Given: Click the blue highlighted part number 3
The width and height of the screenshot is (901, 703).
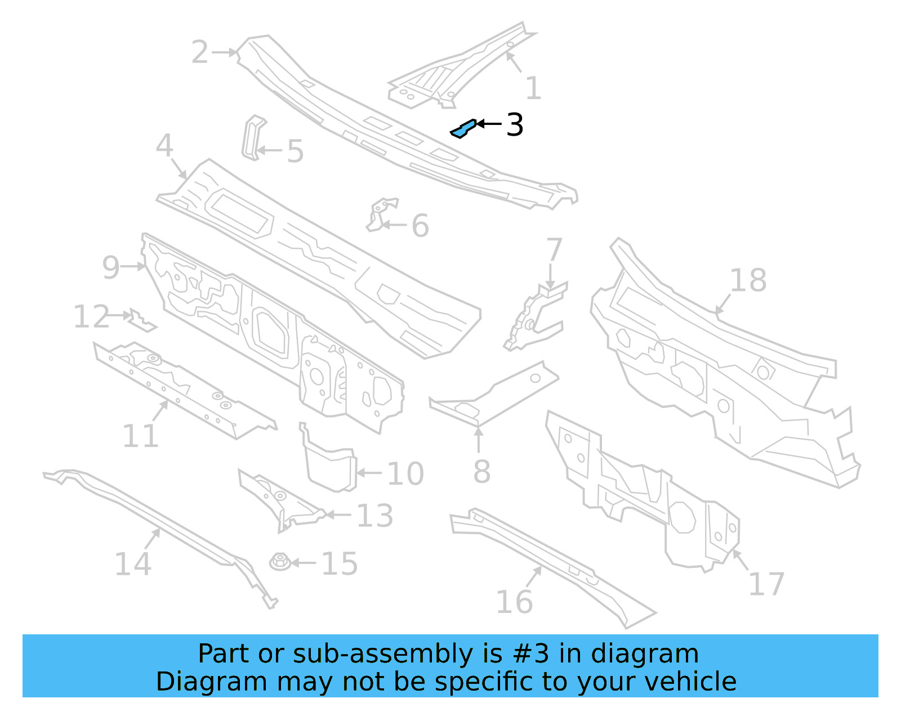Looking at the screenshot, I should pyautogui.click(x=463, y=129).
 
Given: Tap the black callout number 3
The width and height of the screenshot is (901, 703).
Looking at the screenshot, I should pyautogui.click(x=515, y=124).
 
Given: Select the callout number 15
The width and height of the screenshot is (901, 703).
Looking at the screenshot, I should pyautogui.click(x=340, y=563).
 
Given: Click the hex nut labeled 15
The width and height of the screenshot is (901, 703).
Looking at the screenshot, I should pyautogui.click(x=280, y=561).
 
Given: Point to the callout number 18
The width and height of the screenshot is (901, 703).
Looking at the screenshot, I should pyautogui.click(x=748, y=280).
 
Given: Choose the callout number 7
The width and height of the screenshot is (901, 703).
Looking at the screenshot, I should pyautogui.click(x=554, y=249).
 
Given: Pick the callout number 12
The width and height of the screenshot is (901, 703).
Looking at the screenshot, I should pyautogui.click(x=91, y=316).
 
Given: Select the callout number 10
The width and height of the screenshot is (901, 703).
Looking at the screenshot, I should pyautogui.click(x=405, y=473).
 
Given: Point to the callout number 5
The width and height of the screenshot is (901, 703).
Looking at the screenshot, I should pyautogui.click(x=295, y=151).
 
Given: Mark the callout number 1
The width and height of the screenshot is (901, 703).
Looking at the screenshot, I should pyautogui.click(x=533, y=88).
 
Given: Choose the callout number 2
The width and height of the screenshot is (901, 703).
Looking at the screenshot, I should pyautogui.click(x=200, y=52).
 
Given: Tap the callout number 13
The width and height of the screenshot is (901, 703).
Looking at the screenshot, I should pyautogui.click(x=375, y=515).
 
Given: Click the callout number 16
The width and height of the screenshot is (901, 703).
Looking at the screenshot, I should pyautogui.click(x=514, y=602).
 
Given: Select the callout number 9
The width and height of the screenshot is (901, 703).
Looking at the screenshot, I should pyautogui.click(x=111, y=267).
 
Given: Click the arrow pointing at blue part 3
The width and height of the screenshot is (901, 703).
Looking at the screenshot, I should pyautogui.click(x=489, y=124).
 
